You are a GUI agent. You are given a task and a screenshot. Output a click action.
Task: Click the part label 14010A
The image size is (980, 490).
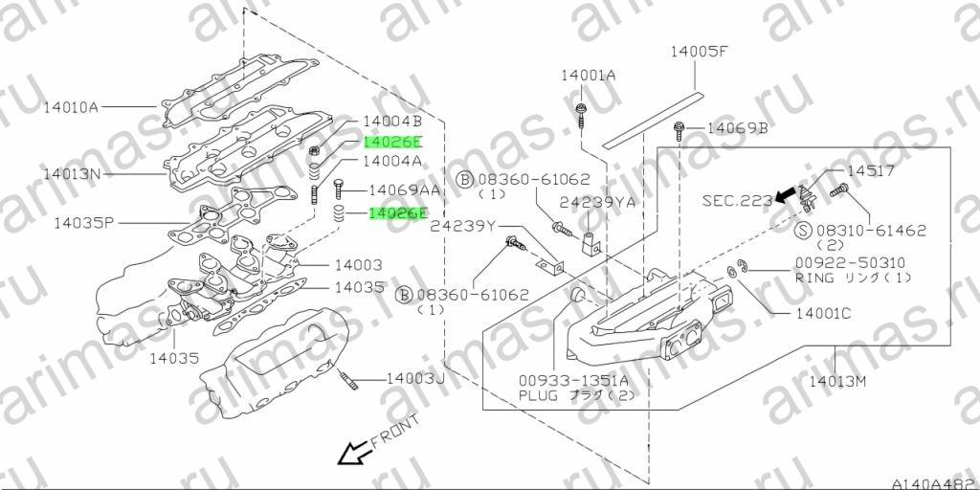click(71, 107)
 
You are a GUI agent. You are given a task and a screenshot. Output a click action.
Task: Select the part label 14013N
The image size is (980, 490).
click(72, 174)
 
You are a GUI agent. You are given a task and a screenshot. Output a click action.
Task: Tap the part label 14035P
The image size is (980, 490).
click(82, 222)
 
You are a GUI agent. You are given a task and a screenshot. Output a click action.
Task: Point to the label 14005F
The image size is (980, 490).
click(700, 52)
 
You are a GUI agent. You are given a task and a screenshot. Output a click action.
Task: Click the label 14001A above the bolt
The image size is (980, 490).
click(589, 76)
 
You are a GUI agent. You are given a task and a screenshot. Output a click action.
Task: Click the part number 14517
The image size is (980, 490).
click(871, 170)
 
